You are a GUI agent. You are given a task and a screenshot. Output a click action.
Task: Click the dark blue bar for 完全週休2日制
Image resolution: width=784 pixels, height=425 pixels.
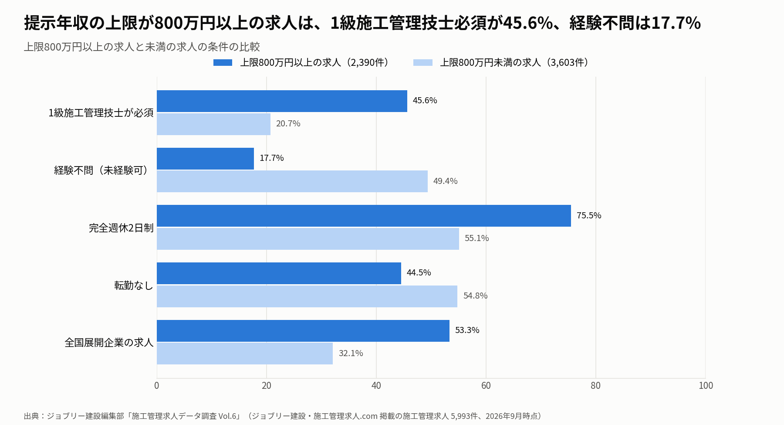pos(364,216)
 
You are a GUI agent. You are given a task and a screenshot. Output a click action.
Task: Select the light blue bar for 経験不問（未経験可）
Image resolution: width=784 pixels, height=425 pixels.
pos(292,181)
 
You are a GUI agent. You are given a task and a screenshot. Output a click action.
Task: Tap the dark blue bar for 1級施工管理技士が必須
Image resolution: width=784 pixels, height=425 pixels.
pos(282,101)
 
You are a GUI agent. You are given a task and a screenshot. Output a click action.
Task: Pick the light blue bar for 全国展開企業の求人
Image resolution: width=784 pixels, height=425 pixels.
pos(245,354)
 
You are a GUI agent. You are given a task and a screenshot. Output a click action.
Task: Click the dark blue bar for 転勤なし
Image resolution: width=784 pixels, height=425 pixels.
pos(279,273)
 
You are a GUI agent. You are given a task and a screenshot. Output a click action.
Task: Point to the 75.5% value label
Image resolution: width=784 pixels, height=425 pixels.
pos(589,215)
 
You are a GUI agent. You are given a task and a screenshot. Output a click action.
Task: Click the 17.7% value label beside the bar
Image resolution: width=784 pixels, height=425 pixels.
pos(272,158)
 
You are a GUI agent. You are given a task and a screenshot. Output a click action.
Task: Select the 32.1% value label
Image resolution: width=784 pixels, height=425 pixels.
pos(351,353)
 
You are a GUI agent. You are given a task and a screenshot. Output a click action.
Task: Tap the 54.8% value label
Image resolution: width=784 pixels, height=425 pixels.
pos(476,296)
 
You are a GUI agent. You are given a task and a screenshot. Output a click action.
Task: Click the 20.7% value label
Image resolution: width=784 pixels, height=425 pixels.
pos(288,123)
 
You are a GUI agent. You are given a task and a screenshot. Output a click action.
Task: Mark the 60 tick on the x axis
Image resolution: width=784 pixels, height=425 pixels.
pos(486,385)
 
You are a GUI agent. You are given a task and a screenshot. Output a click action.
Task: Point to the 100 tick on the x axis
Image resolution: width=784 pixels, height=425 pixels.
pos(706,385)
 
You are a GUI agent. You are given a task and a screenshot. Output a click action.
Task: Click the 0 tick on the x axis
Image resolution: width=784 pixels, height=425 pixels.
pos(157,385)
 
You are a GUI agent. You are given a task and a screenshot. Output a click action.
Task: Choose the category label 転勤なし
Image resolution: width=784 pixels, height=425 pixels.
pos(134,285)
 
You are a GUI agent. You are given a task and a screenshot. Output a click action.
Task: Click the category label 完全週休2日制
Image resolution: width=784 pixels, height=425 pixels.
pos(121,228)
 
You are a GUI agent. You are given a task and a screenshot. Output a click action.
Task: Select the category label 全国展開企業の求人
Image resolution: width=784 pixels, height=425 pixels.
pos(109,343)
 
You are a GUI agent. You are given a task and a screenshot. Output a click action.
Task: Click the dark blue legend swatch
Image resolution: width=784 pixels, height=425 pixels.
pos(223,63)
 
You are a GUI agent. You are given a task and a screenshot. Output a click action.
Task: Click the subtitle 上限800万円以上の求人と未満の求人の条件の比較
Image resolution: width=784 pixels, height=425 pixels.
pos(142,47)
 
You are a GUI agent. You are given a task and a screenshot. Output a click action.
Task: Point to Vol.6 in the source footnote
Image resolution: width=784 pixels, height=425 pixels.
pos(227,416)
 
